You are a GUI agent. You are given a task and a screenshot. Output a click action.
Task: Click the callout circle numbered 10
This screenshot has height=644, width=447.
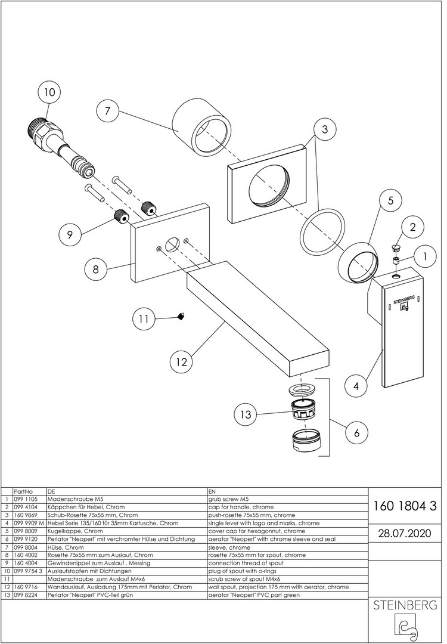(x=49, y=92)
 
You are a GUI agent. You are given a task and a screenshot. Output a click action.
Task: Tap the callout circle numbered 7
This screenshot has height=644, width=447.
(x=107, y=111)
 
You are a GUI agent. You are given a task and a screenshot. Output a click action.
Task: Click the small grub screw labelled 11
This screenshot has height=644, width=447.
(x=181, y=317)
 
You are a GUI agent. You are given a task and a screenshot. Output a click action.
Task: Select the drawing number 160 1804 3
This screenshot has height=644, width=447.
(x=405, y=506)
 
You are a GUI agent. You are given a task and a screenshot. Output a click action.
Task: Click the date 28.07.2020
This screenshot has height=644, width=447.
(x=405, y=532)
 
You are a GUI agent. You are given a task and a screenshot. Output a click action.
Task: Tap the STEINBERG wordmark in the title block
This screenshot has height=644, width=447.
(x=405, y=605)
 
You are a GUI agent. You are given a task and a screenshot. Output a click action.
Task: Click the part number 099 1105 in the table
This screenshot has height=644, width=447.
(x=25, y=499)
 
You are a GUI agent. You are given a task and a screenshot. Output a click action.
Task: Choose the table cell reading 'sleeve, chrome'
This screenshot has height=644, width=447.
(x=229, y=547)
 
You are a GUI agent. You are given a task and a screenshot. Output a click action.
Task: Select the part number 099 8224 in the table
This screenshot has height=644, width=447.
(x=25, y=595)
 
